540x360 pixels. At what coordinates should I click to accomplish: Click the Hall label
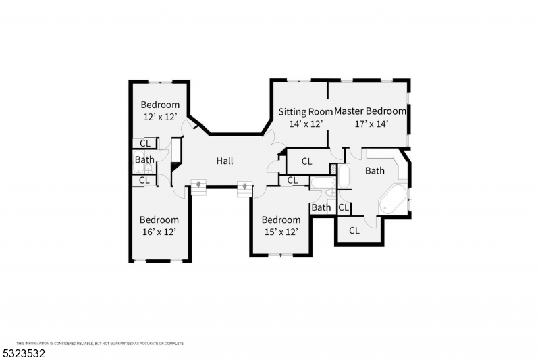[225, 161]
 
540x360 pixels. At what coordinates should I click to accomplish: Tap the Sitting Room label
[306, 111]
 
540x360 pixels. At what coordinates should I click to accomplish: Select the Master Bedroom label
[370, 111]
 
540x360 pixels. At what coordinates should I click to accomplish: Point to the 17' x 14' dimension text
[372, 124]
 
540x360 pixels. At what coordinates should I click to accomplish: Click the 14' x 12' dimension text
[306, 124]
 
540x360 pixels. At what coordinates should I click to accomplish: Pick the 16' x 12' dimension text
[159, 232]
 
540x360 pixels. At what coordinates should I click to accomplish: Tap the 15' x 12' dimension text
[281, 232]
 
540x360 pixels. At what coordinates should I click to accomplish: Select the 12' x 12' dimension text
[160, 117]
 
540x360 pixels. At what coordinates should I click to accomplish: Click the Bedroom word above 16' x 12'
[159, 220]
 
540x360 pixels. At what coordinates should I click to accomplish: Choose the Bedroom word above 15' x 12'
[281, 220]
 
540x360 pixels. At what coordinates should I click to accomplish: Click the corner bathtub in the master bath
[393, 200]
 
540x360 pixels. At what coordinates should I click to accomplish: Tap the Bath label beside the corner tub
[375, 170]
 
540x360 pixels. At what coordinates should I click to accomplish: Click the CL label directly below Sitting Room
[306, 161]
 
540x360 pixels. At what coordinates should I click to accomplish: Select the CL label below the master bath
[354, 230]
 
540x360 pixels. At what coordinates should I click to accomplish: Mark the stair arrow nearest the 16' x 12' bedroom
[198, 184]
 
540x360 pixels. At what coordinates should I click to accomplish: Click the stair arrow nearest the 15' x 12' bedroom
[244, 186]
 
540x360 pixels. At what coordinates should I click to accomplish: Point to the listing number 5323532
[24, 353]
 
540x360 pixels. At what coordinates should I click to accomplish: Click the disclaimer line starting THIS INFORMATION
[100, 344]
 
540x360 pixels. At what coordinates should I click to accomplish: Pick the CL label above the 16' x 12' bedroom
[144, 180]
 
